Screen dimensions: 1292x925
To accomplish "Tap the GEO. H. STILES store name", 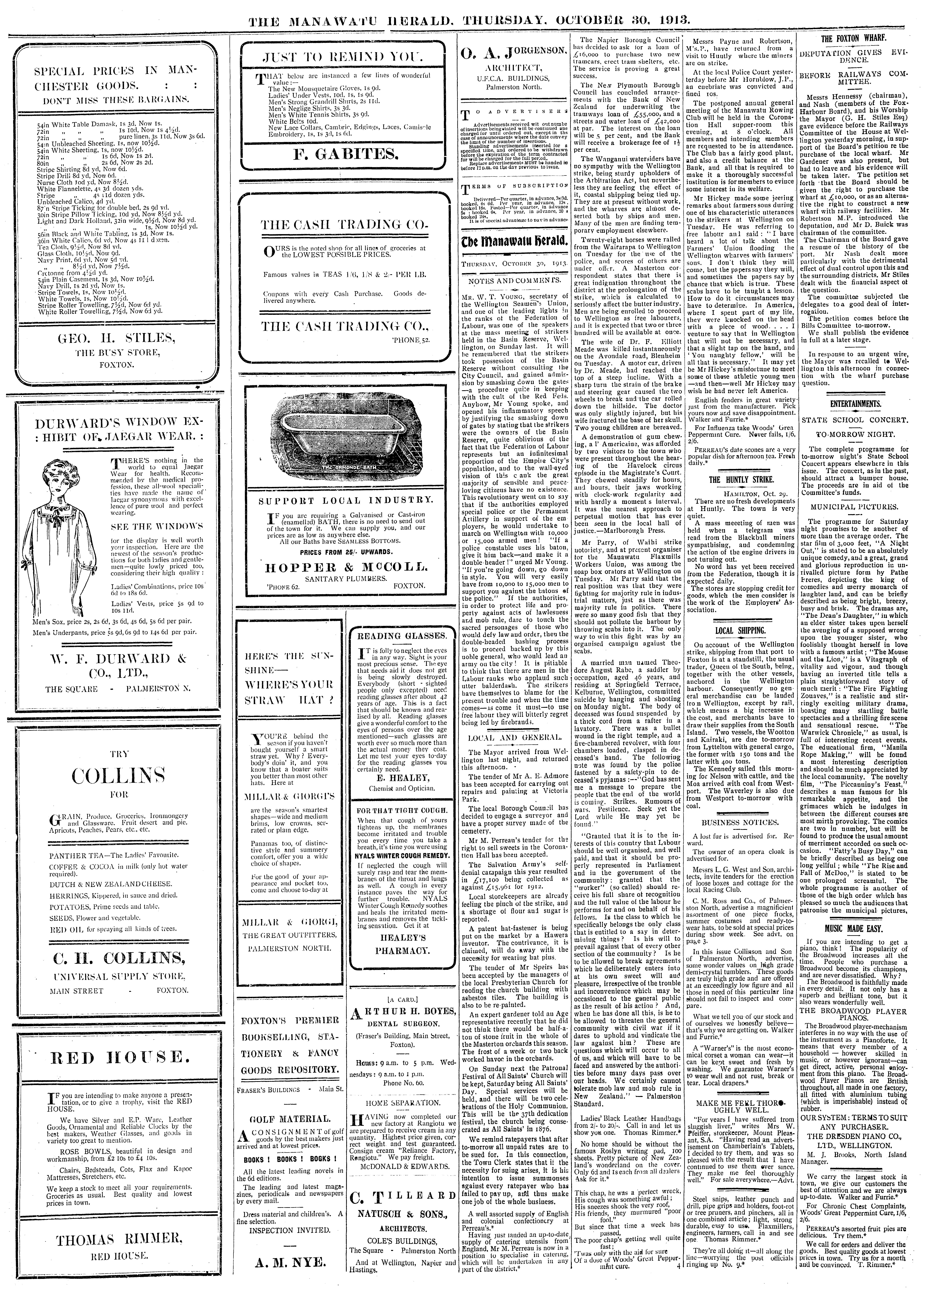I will (116, 339).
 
